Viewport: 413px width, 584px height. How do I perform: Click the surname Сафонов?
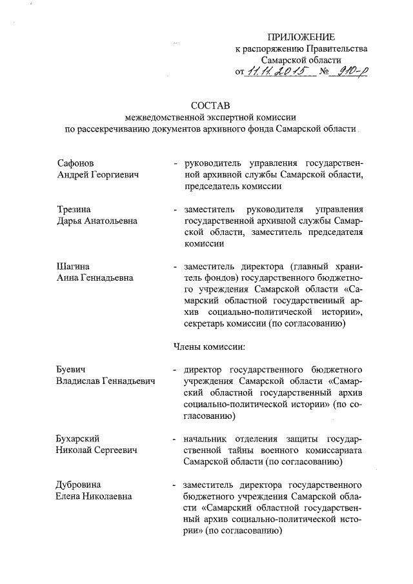pyautogui.click(x=76, y=163)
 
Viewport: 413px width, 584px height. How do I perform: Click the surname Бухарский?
pyautogui.click(x=80, y=439)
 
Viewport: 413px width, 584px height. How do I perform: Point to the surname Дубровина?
pyautogui.click(x=79, y=485)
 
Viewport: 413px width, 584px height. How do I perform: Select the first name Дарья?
pyautogui.click(x=70, y=221)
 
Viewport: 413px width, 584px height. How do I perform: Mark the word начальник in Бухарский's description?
pyautogui.click(x=207, y=439)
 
